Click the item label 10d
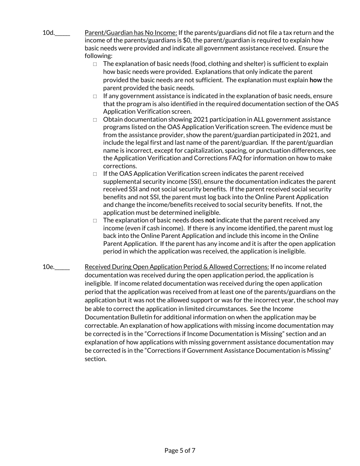pyautogui.click(x=49, y=33)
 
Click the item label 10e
pyautogui.click(x=49, y=267)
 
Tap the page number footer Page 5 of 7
pyautogui.click(x=180, y=450)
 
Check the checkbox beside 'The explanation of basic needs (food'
pyautogui.click(x=95, y=64)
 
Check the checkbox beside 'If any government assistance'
pyautogui.click(x=95, y=96)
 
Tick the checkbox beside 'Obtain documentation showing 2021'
pyautogui.click(x=95, y=120)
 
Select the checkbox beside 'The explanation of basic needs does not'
pyautogui.click(x=95, y=220)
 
